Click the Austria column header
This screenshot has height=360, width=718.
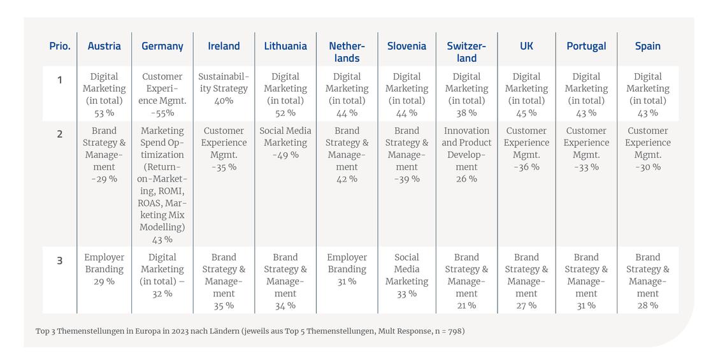coord(104,47)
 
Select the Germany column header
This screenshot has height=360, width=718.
coord(162,47)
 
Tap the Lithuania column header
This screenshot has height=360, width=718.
coord(285,47)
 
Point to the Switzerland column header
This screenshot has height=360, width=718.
coord(466,52)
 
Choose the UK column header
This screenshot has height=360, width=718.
coord(526,47)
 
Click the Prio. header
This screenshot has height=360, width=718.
coord(59,47)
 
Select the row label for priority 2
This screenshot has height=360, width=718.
coord(59,134)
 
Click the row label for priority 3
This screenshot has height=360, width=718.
coord(59,261)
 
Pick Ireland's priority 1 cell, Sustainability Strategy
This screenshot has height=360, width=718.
coord(224,89)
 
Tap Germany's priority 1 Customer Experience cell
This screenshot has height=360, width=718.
coord(162,94)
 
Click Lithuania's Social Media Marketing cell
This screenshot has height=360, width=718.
coord(285,143)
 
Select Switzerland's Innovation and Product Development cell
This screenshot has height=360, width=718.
coord(466,155)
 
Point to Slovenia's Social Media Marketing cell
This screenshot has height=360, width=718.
coord(406,275)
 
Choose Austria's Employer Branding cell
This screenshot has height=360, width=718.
coord(104,270)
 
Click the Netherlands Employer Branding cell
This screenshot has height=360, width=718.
coord(347,270)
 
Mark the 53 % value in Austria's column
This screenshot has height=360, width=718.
coord(104,113)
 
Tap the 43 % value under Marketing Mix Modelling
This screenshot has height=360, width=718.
coord(162,240)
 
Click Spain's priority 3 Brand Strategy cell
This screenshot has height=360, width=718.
coord(647,281)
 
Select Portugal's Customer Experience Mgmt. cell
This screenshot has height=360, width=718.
coord(586,148)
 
